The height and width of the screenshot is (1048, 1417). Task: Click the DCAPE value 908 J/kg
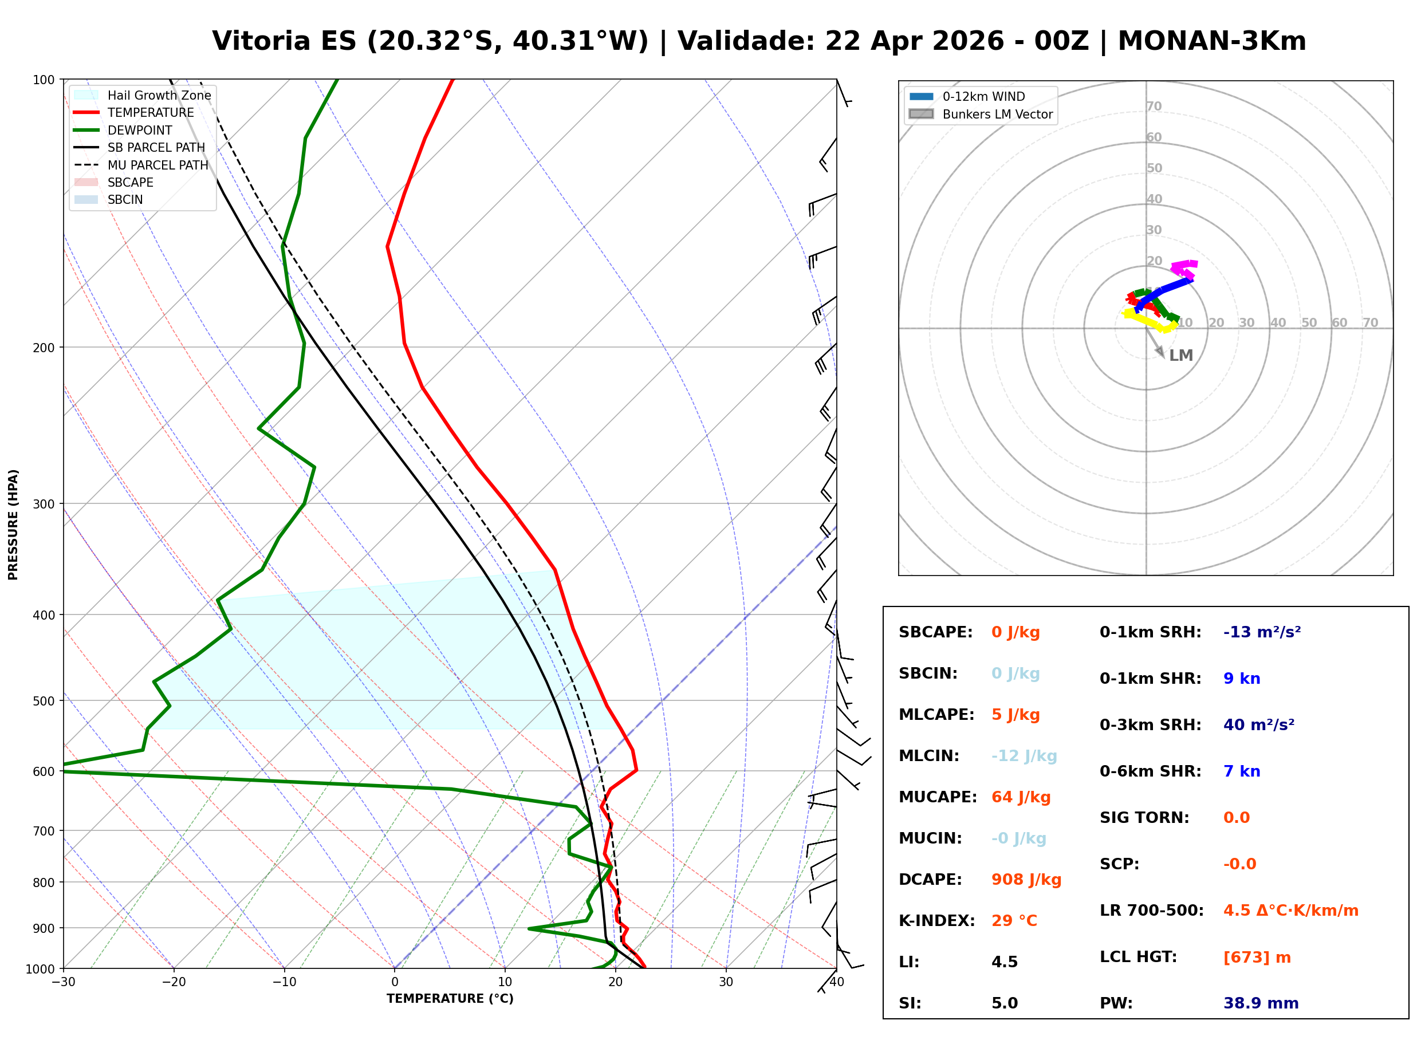coord(1026,880)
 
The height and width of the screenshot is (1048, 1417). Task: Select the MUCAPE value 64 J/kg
coord(1021,797)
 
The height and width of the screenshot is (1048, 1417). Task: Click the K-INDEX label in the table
coord(936,921)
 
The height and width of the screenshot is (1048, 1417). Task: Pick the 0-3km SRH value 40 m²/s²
coord(1258,725)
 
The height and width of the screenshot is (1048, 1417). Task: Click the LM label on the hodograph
coord(1180,356)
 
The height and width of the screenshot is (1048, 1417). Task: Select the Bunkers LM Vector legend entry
coord(997,114)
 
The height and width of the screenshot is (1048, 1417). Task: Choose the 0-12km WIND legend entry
coord(983,96)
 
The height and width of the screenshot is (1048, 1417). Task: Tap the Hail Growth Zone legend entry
coord(159,95)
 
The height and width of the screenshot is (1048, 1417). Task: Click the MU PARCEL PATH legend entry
coord(158,165)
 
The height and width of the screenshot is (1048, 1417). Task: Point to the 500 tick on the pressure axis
coord(44,701)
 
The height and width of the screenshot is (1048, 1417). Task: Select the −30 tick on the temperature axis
coord(64,982)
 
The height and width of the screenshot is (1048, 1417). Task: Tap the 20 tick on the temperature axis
coord(615,982)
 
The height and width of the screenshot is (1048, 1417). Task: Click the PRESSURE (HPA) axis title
coord(13,525)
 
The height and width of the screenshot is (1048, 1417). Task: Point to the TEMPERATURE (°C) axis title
coord(450,999)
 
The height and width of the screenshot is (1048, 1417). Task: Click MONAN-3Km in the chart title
coord(1211,41)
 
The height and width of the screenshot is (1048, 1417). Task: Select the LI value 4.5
coord(1004,962)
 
